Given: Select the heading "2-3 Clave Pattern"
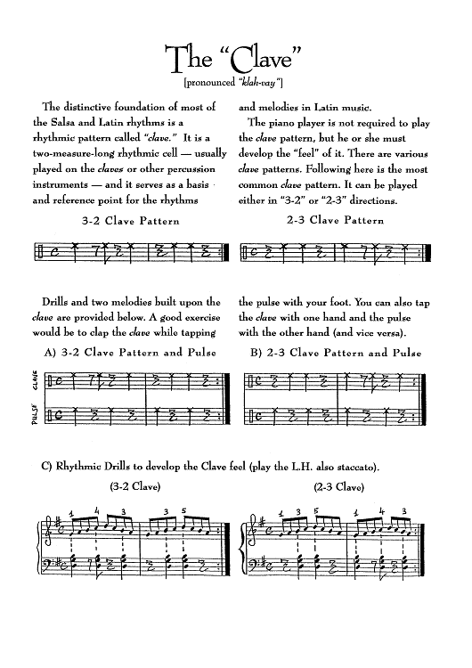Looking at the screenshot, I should pos(336,221).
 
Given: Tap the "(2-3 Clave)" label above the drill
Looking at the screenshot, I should pos(339,487).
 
